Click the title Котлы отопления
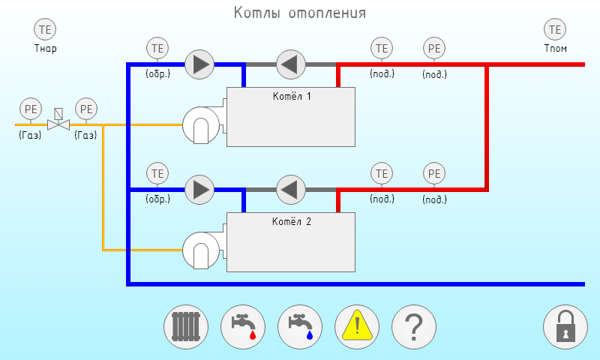[300, 13]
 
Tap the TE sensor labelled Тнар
[46, 30]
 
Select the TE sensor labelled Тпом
[556, 30]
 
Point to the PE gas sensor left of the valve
[31, 109]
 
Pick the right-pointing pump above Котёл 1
[199, 64]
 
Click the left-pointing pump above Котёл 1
[290, 64]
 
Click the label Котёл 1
[291, 97]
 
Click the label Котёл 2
[291, 221]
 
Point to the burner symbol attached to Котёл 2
[200, 250]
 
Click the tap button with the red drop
[243, 327]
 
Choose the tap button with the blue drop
[300, 327]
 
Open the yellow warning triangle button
[357, 327]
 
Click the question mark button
[414, 327]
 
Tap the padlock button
[565, 327]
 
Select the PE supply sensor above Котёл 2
[434, 174]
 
